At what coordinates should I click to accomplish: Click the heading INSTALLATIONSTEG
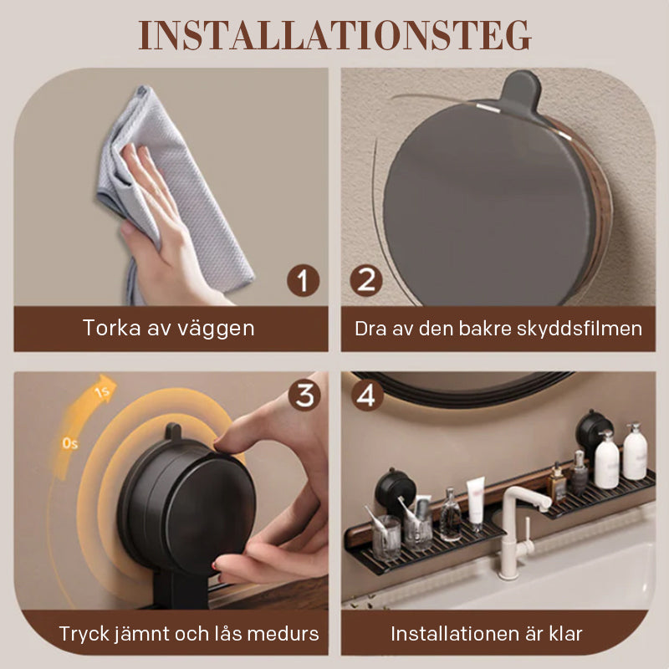tap(334, 35)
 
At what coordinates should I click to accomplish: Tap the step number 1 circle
tap(303, 280)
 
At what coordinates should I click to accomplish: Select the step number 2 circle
tap(366, 280)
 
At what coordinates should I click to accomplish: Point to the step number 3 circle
tap(304, 396)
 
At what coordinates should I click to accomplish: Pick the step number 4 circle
tap(367, 396)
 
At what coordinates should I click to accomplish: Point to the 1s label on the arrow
tap(103, 391)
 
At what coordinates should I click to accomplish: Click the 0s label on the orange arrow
tap(70, 444)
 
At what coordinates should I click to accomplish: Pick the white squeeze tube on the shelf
tap(475, 503)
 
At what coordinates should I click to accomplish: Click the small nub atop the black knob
tap(173, 431)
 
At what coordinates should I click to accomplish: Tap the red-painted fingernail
tap(215, 566)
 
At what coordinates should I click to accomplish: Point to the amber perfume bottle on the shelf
tap(557, 483)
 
